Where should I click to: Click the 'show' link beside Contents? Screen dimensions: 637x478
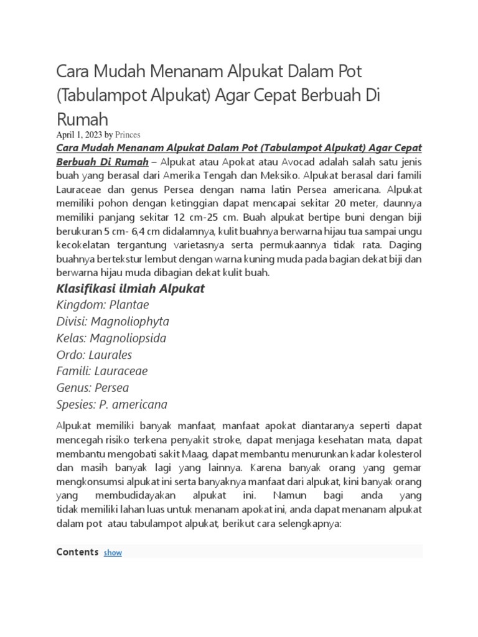[x=113, y=552]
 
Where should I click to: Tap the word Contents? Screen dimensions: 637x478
[x=77, y=552]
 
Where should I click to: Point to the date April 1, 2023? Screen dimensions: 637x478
[x=79, y=134]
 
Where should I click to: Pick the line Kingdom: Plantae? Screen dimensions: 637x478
[x=103, y=305]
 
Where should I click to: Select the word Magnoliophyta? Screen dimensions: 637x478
[x=129, y=322]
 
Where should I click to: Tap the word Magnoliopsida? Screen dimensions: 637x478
[x=128, y=338]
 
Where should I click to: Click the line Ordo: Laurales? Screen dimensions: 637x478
[x=94, y=355]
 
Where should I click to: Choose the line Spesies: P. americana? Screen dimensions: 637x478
[x=112, y=404]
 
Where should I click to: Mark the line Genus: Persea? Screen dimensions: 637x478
[x=93, y=388]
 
